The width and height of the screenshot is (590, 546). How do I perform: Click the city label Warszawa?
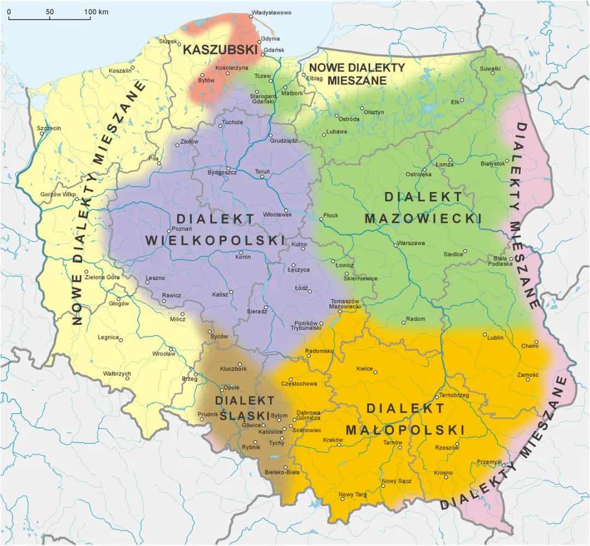click(411, 243)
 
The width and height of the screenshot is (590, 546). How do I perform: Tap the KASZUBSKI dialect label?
click(220, 50)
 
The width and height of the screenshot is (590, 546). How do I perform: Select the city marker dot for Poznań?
click(169, 230)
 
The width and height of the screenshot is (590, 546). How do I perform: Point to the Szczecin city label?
click(49, 128)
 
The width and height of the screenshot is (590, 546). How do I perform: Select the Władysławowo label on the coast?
click(271, 13)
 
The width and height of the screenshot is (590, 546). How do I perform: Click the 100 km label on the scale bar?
click(96, 11)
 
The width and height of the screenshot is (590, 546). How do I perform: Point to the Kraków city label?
click(333, 440)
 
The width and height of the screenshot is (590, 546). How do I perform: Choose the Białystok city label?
click(492, 163)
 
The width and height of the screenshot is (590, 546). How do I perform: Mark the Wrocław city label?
click(163, 354)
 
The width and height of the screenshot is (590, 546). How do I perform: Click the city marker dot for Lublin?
click(485, 334)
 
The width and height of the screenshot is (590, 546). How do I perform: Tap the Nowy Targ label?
click(353, 495)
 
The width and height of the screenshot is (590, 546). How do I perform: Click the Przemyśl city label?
click(489, 462)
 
